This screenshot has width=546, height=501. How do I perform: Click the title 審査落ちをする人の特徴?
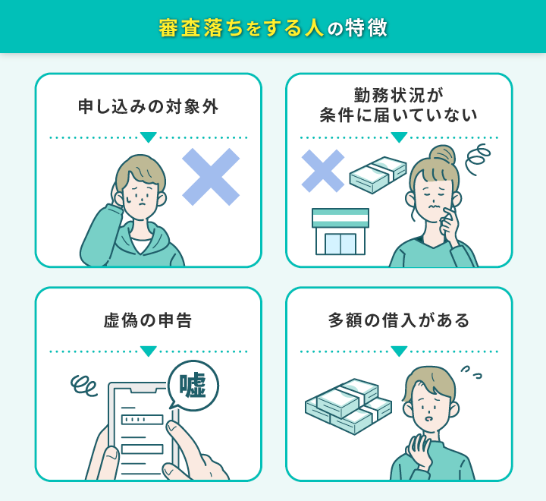(273, 27)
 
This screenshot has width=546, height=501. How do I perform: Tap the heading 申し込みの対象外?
(149, 106)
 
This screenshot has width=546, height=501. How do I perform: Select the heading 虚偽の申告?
(148, 320)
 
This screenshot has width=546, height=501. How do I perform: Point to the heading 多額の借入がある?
(399, 320)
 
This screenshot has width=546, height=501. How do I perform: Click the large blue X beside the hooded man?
(211, 177)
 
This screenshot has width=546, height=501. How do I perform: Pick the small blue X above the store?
(323, 171)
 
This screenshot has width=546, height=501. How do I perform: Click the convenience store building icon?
(340, 232)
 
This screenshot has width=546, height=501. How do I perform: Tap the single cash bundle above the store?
(378, 175)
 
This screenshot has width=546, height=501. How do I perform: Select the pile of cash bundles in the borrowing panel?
(348, 406)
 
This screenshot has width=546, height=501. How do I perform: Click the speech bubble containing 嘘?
(193, 386)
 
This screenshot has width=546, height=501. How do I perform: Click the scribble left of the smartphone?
(83, 386)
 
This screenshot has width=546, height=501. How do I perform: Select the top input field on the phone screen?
(142, 420)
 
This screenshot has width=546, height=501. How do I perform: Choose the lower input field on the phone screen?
(142, 449)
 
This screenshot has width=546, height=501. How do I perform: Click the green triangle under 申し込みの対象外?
(149, 137)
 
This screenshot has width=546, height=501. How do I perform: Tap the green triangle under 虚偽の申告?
(149, 351)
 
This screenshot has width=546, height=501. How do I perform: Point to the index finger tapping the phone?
(181, 436)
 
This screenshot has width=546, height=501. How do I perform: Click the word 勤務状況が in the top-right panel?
(399, 95)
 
